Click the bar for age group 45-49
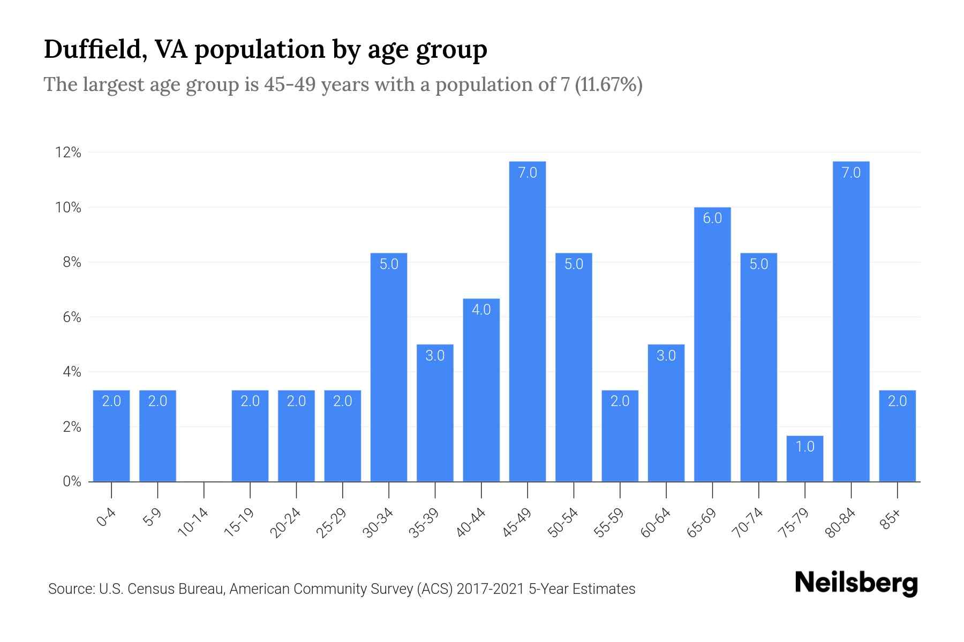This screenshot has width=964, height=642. pyautogui.click(x=527, y=321)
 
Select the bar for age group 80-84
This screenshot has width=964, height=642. pyautogui.click(x=851, y=321)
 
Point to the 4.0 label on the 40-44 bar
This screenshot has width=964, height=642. pyautogui.click(x=481, y=310)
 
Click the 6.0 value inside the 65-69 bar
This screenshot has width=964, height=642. pyautogui.click(x=712, y=218)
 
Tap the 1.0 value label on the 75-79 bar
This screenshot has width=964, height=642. pyautogui.click(x=804, y=446)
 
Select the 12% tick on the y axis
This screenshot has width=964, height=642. pyautogui.click(x=68, y=153)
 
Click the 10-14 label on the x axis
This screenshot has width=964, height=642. pyautogui.click(x=193, y=522)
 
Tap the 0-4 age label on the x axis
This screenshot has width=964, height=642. pyautogui.click(x=107, y=518)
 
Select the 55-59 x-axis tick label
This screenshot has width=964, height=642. pyautogui.click(x=609, y=522)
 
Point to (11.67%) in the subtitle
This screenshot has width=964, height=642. pyautogui.click(x=608, y=85)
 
